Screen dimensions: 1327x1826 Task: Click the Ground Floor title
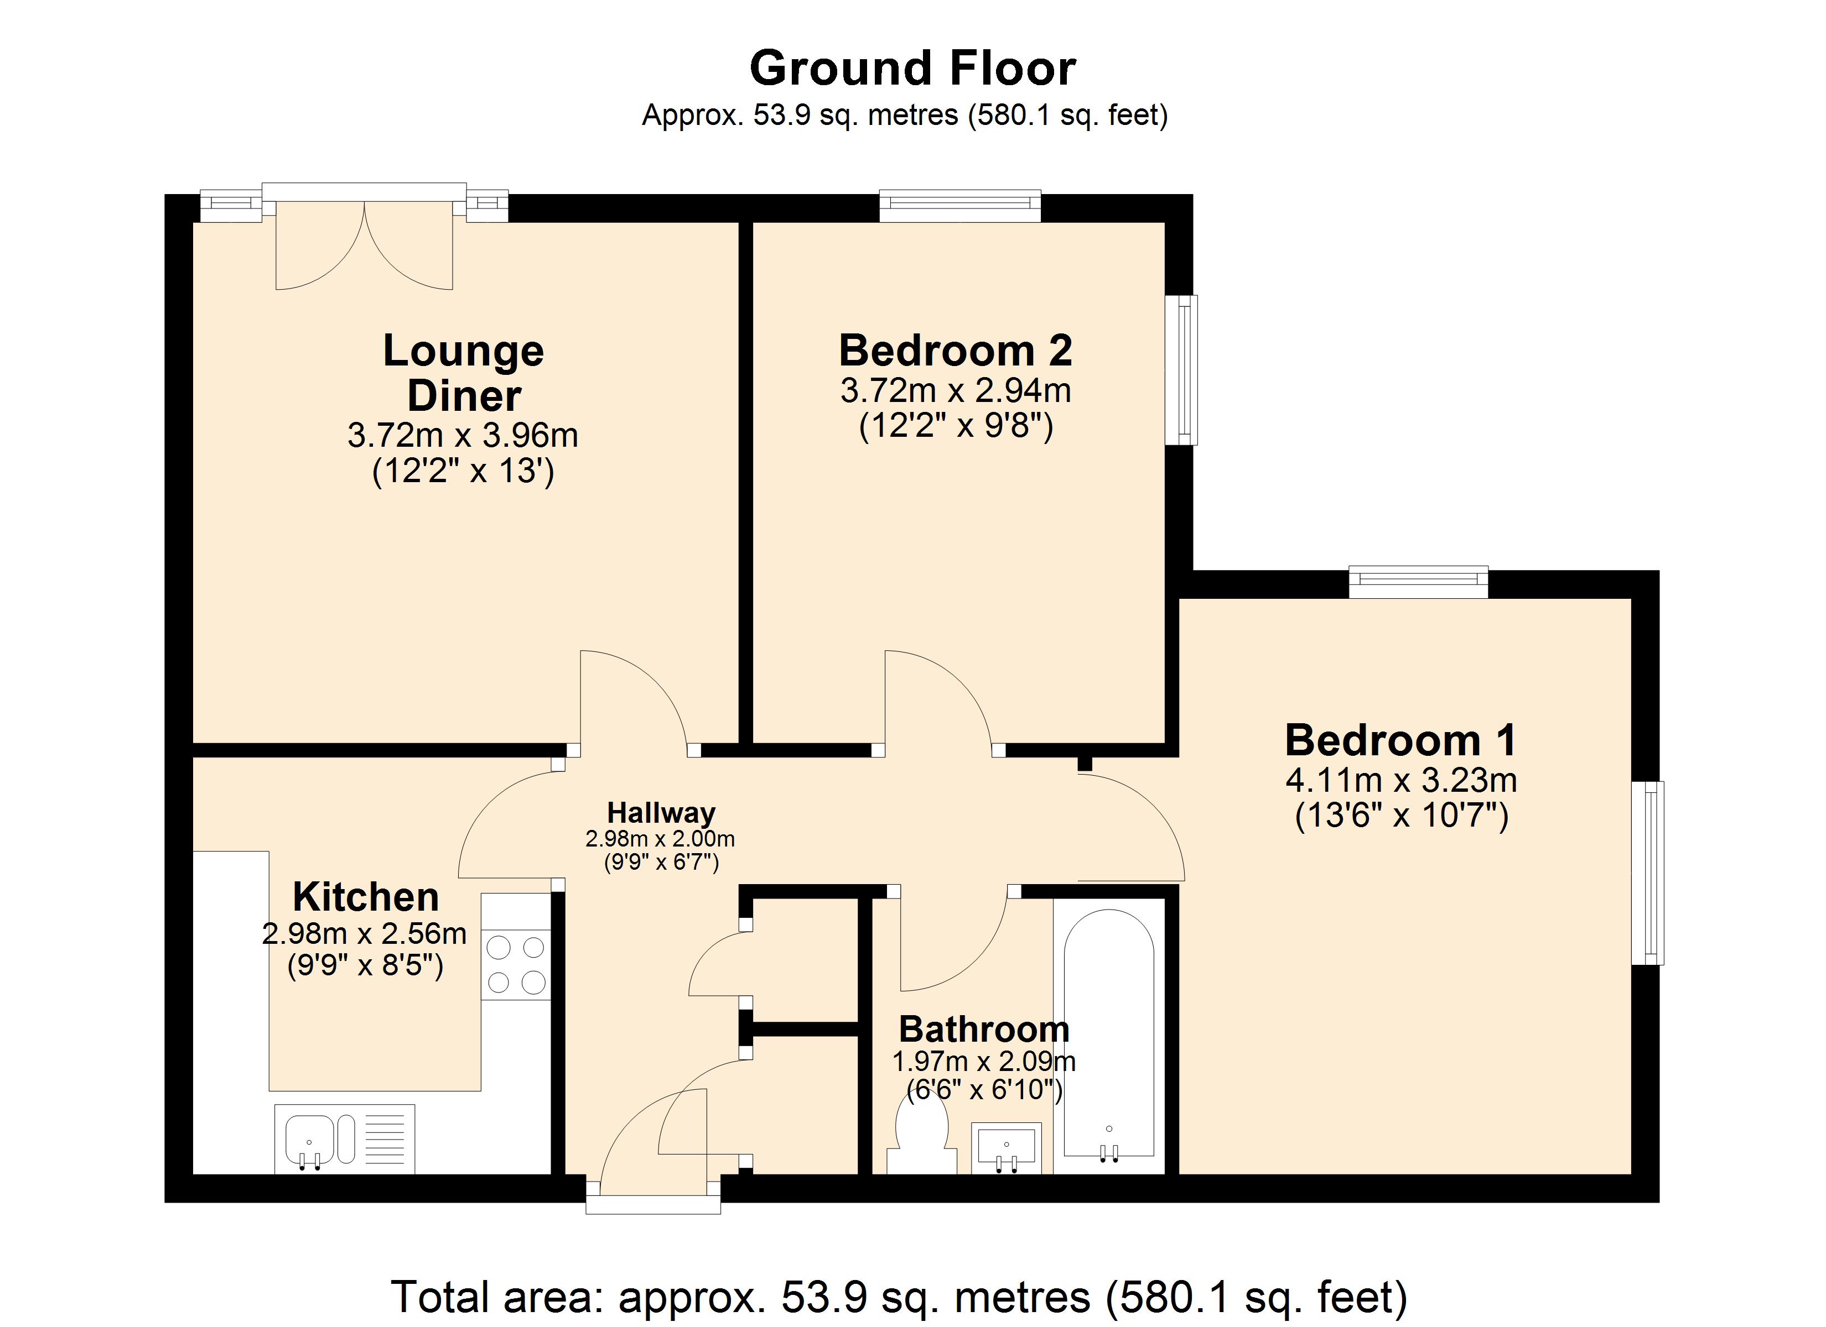tap(912, 69)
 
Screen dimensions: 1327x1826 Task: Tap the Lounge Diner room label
tap(464, 373)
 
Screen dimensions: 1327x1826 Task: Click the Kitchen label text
tap(366, 896)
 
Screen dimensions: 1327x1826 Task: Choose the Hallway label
tap(661, 813)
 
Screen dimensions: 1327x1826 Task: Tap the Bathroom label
tap(984, 1029)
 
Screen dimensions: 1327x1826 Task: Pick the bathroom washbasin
tap(1007, 1147)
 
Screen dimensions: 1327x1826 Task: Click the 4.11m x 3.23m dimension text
tap(1401, 780)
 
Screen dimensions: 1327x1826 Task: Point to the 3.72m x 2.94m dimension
tap(956, 390)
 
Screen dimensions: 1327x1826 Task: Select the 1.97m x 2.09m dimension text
tap(984, 1062)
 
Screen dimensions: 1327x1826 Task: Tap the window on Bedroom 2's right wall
tap(1182, 369)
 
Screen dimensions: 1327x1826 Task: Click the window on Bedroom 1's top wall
tap(1419, 583)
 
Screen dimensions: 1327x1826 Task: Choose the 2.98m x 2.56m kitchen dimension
tap(365, 933)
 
